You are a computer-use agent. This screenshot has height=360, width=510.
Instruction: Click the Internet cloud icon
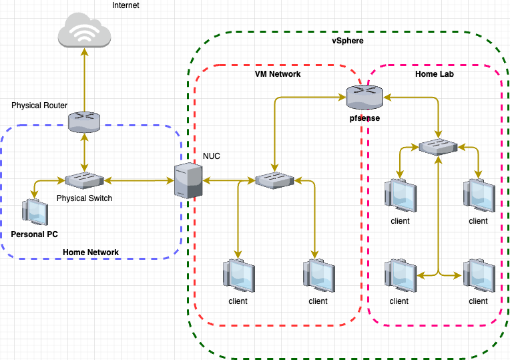tap(84, 31)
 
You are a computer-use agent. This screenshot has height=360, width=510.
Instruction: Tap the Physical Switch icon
tap(84, 180)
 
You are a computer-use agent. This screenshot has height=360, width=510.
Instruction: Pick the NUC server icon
tap(187, 180)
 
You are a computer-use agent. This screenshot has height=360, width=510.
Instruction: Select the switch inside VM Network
tap(274, 180)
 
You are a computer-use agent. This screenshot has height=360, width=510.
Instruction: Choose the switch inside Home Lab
tap(437, 146)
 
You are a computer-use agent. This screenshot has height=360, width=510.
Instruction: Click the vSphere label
tap(347, 41)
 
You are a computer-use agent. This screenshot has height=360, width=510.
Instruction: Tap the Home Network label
tap(91, 252)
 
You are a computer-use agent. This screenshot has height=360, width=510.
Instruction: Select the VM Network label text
tap(278, 74)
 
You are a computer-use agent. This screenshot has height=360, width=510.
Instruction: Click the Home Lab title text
tap(435, 74)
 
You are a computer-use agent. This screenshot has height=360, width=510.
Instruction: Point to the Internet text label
tap(127, 5)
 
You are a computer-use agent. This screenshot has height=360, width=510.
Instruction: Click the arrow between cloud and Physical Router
tap(84, 80)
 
